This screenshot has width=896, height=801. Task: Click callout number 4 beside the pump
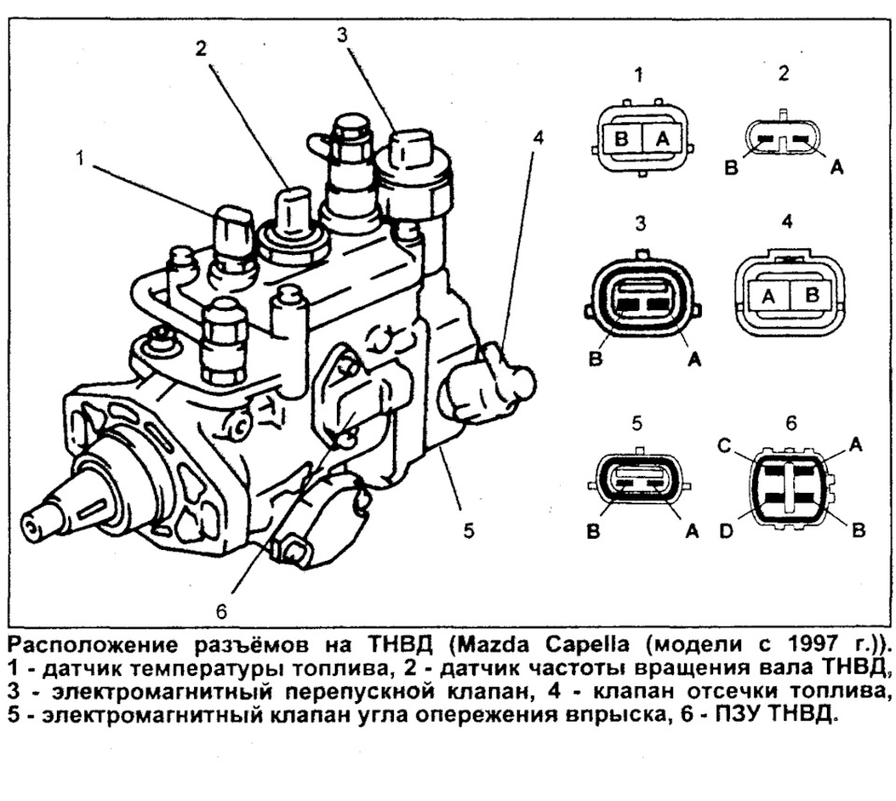[538, 137]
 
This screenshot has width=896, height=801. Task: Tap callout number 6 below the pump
[221, 611]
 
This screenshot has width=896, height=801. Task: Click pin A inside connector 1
[663, 138]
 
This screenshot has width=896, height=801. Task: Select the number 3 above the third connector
[640, 225]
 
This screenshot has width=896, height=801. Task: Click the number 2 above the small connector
[784, 73]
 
